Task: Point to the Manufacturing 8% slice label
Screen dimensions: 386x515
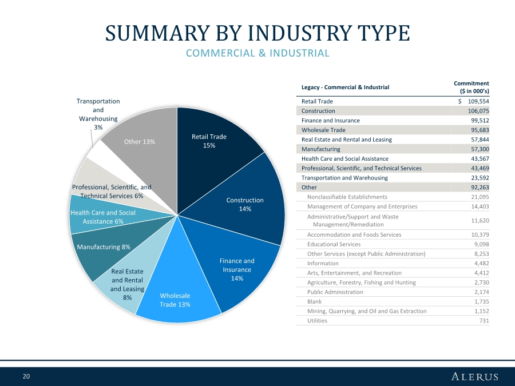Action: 104,247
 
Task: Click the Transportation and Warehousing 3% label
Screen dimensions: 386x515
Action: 98,114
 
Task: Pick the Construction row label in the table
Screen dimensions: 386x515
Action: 318,111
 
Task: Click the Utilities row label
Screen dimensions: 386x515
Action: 317,321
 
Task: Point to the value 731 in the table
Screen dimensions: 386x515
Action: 484,321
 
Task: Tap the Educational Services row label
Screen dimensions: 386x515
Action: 334,244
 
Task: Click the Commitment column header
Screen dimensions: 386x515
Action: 471,87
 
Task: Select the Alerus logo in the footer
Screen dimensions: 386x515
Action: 474,376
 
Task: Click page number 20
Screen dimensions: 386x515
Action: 26,376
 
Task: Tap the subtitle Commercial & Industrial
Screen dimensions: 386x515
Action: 257,53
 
